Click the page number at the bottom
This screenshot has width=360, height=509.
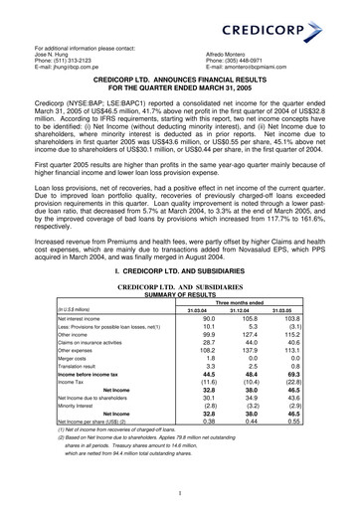tap(180, 492)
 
